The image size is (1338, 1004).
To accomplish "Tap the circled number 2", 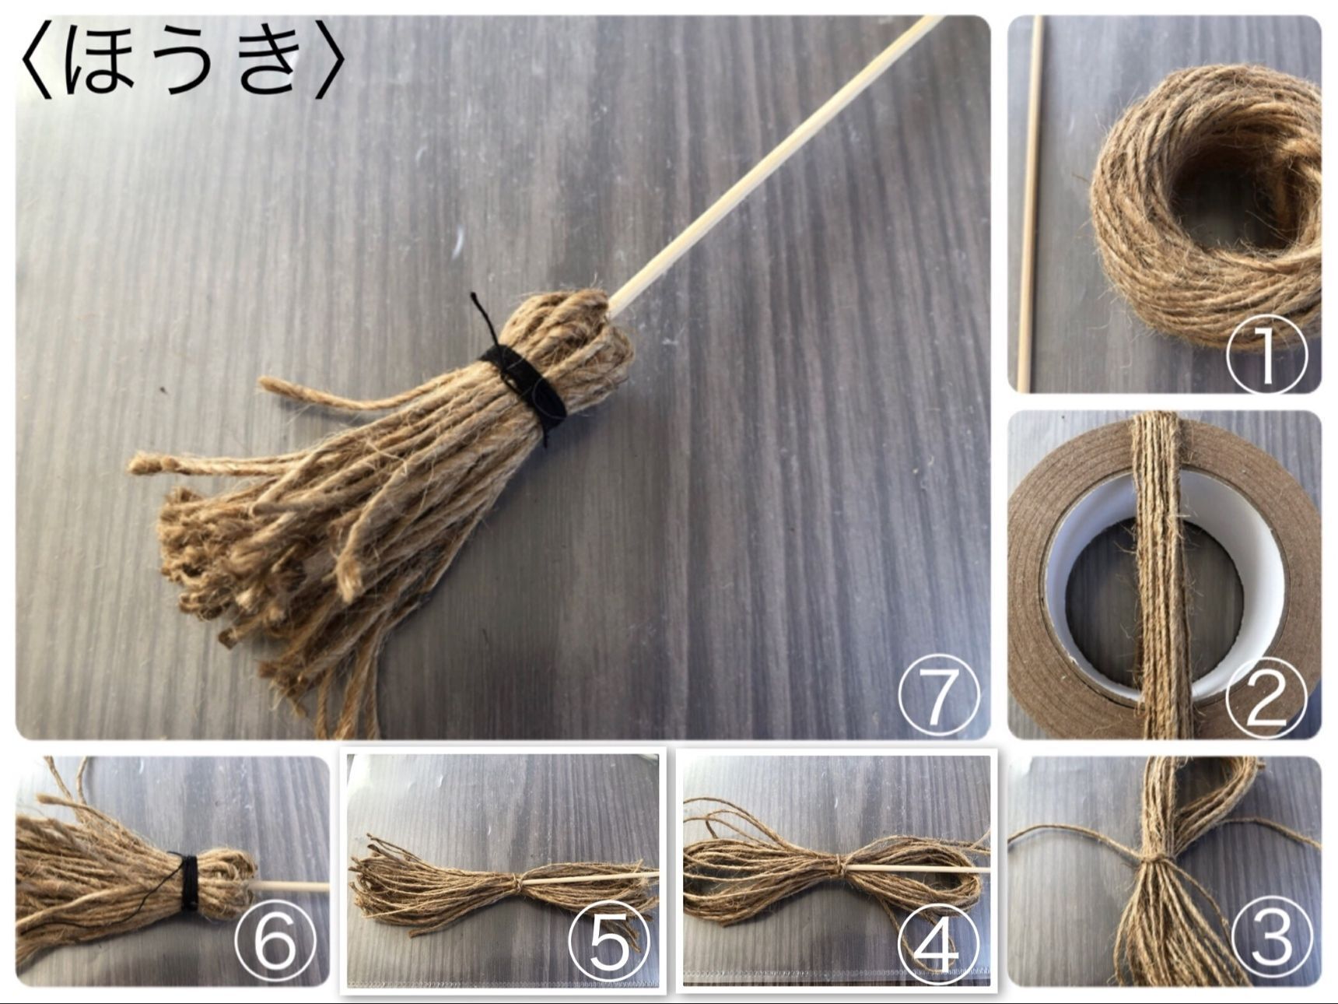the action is pyautogui.click(x=1266, y=700).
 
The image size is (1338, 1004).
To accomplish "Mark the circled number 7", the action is pyautogui.click(x=938, y=694).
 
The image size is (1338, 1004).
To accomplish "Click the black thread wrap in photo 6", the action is pyautogui.click(x=189, y=883).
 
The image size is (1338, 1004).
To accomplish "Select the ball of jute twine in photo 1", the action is pyautogui.click(x=1206, y=206).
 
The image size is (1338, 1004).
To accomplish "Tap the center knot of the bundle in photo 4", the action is pyautogui.click(x=837, y=865).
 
